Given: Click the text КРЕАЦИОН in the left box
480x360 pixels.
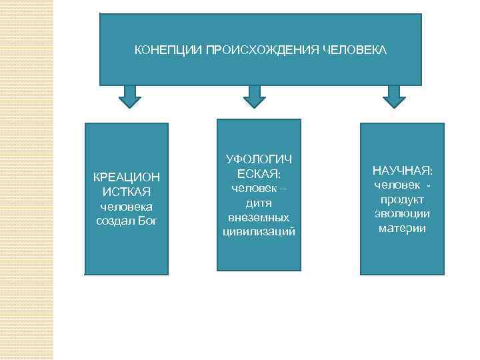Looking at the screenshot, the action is click(127, 177).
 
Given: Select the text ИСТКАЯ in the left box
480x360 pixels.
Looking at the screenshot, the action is click(127, 192).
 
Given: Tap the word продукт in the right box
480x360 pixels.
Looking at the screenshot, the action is click(403, 199).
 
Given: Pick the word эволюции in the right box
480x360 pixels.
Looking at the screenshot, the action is click(403, 214).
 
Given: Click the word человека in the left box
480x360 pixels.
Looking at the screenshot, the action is click(127, 207).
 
